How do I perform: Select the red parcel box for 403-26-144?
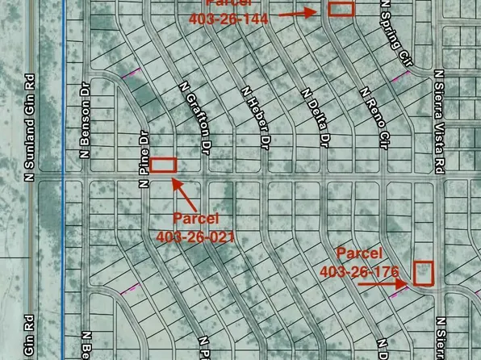341,9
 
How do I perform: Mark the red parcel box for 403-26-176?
424,272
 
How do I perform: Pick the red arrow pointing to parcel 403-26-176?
384,283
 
